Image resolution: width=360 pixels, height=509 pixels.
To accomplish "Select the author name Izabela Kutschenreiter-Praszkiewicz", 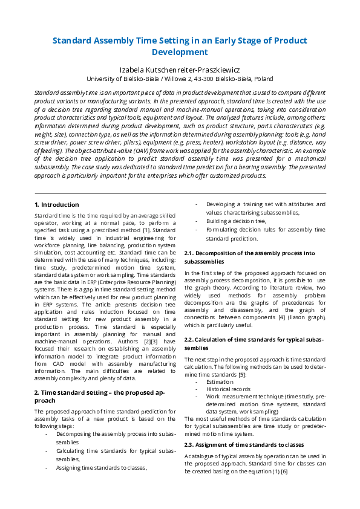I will coord(180,70).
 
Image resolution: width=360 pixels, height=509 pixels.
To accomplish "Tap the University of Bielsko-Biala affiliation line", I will coord(180,79).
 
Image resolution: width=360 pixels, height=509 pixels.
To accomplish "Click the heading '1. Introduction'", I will coord(57,205).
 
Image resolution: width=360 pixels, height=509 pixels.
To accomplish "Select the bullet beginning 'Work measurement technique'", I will coord(265,404).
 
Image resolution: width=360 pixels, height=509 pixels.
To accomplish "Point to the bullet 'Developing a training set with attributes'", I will coord(265,209).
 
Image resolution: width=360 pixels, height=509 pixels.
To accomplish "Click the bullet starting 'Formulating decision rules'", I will coord(265,234).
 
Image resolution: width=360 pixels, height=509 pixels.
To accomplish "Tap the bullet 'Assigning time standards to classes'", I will coord(101,467).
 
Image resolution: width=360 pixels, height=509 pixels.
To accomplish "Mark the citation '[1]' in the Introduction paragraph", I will coord(146,230).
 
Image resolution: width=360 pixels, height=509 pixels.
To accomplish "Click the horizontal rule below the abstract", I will coord(180,193).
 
